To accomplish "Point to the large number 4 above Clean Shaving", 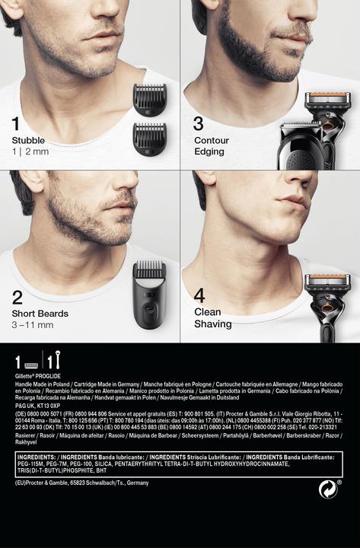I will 199,295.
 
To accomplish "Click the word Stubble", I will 28,141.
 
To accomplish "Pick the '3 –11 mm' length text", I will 32,325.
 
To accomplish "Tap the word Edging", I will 209,151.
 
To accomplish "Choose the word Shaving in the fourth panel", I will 213,323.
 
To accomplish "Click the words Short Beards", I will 40,314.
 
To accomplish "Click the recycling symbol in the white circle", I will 328,489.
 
